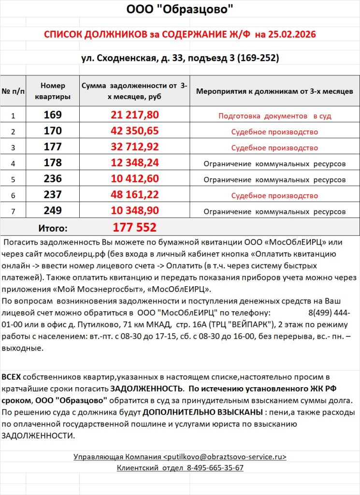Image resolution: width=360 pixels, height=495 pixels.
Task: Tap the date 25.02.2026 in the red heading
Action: pyautogui.click(x=286, y=35)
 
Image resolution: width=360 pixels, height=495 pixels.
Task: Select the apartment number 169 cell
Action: pyautogui.click(x=53, y=115)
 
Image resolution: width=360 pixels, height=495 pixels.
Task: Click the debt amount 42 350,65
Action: pyautogui.click(x=135, y=131)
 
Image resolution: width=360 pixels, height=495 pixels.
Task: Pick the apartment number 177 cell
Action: pyautogui.click(x=53, y=147)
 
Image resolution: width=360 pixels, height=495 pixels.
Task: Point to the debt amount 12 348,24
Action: pyautogui.click(x=135, y=163)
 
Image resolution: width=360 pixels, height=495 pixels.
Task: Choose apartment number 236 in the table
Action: pyautogui.click(x=53, y=179)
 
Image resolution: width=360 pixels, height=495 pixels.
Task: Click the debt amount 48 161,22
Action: pyautogui.click(x=135, y=195)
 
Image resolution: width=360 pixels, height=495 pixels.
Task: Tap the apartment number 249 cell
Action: pyautogui.click(x=53, y=211)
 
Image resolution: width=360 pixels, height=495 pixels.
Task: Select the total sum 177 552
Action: pyautogui.click(x=135, y=227)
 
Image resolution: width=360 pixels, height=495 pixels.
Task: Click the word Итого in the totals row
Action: pyautogui.click(x=53, y=228)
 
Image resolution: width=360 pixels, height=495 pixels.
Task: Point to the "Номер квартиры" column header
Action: pyautogui.click(x=53, y=90)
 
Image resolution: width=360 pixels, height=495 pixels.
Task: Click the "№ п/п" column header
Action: pyautogui.click(x=13, y=90)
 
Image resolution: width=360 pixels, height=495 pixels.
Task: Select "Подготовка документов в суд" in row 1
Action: pyautogui.click(x=274, y=116)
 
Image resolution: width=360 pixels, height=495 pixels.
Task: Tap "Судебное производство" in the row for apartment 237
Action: pyautogui.click(x=274, y=196)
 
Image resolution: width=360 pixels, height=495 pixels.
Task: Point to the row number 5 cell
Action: pyautogui.click(x=13, y=179)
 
